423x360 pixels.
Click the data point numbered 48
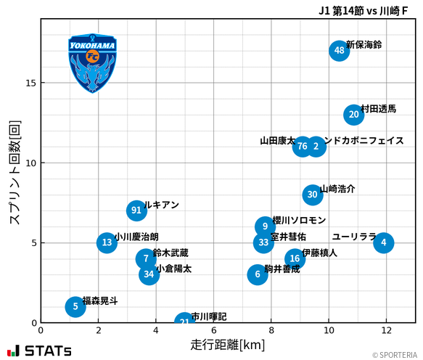(x=339, y=50)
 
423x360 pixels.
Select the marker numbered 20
(x=353, y=114)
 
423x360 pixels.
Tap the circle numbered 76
(x=303, y=146)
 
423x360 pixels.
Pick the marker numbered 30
(x=312, y=194)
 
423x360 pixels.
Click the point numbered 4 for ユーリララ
(x=384, y=242)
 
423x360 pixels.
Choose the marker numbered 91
(x=136, y=210)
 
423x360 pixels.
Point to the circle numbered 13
(x=107, y=242)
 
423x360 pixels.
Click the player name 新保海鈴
(x=364, y=45)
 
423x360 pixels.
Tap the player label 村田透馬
(x=378, y=109)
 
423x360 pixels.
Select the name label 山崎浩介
(x=337, y=189)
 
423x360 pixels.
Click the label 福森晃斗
(x=99, y=300)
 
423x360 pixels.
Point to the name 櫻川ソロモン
(x=299, y=220)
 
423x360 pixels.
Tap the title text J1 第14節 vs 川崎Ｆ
(x=369, y=10)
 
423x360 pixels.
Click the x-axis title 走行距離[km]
(x=228, y=343)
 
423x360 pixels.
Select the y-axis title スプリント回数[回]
(x=14, y=172)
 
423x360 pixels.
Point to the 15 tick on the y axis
(x=31, y=83)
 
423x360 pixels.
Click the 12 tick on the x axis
(x=386, y=330)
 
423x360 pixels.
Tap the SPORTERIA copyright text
(x=395, y=355)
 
